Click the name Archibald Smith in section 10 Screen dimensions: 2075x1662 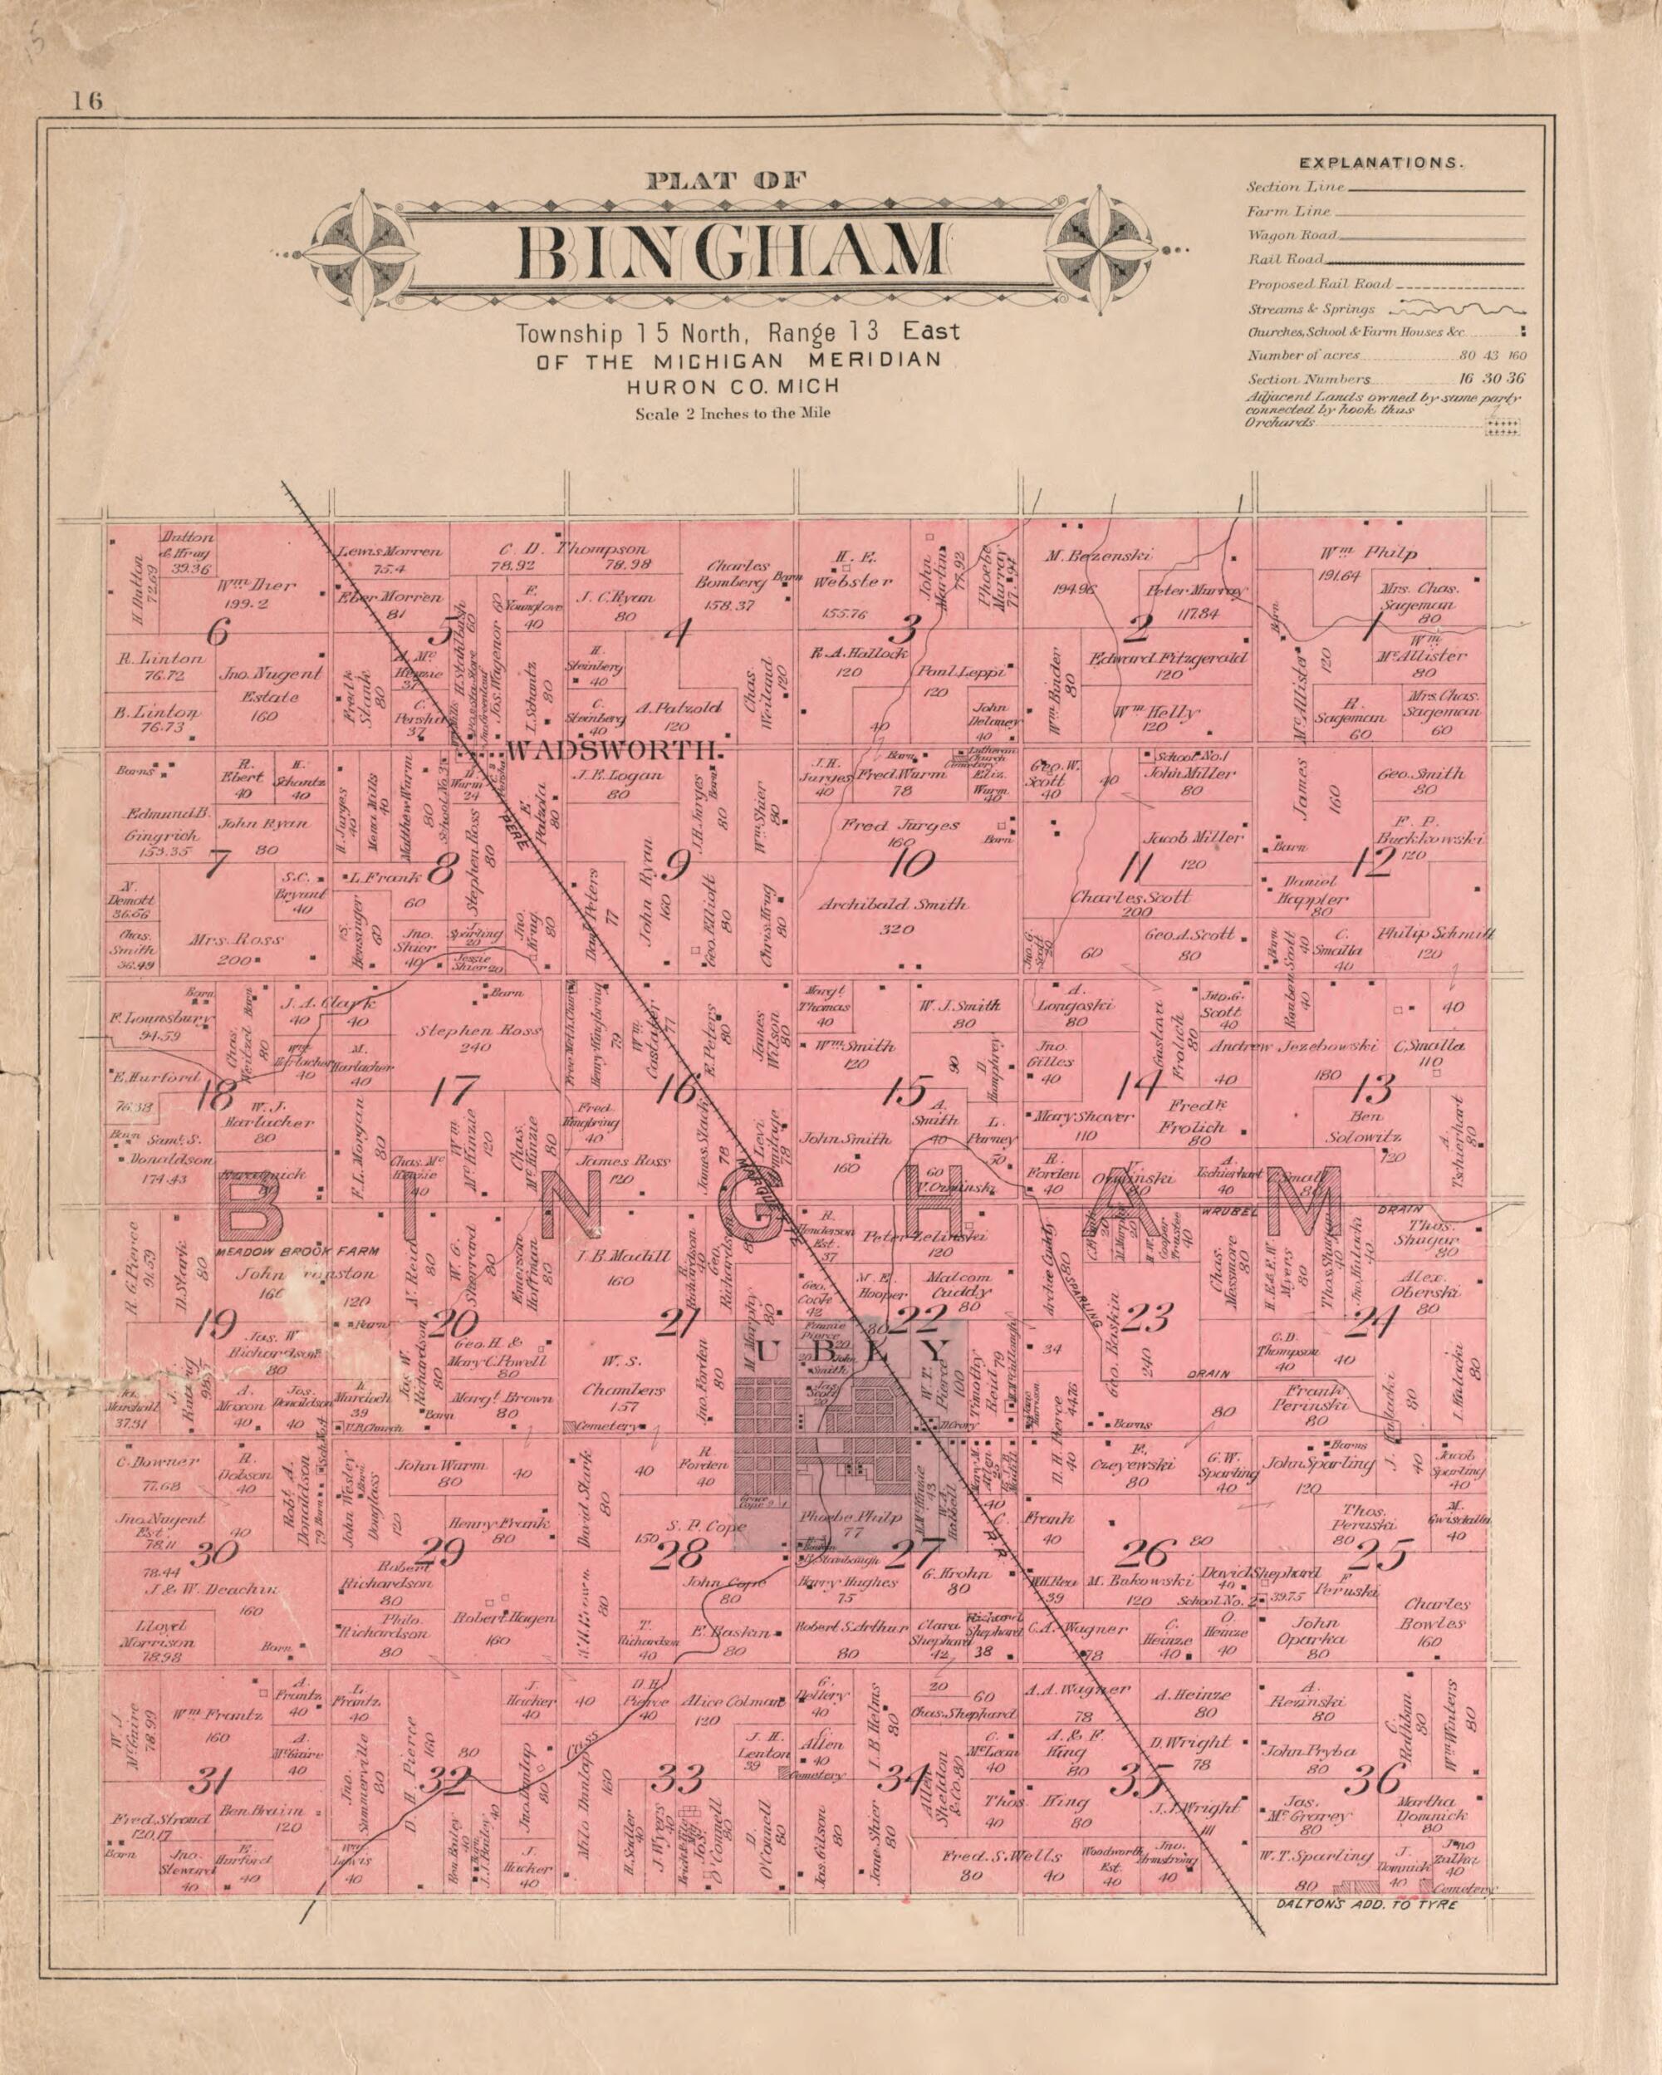893,905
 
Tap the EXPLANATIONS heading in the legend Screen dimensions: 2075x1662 1382,164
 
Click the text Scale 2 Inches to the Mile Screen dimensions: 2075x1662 733,415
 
